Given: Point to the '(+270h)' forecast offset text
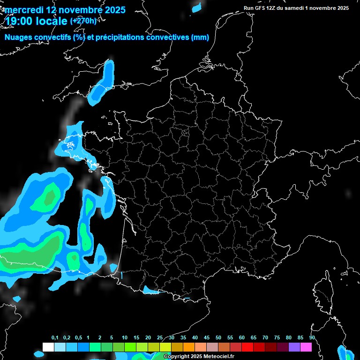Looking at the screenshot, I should coord(83,21).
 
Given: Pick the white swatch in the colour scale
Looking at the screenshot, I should coord(48,347).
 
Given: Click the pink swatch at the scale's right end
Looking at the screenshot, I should coord(306,347).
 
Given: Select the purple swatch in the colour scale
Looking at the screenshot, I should coord(294,347).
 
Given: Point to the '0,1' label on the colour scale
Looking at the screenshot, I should coord(54,338).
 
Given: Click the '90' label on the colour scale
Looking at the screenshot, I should coord(312,338).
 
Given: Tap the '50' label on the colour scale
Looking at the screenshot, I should coord(218,338).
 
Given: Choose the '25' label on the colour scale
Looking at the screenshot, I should coord(160,338).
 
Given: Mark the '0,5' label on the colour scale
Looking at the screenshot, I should coord(78,338).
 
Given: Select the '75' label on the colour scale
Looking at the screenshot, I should coord(277,338).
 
